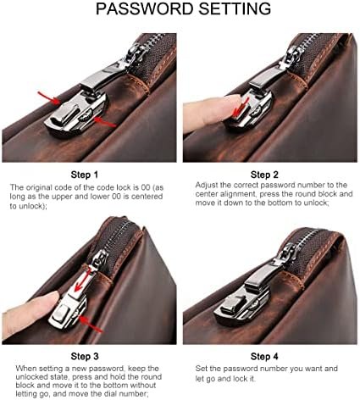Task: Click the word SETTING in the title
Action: pos(235,8)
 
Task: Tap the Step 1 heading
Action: pos(85,175)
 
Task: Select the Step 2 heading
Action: pos(264,175)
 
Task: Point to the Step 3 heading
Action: pos(85,356)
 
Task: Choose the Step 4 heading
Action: pos(264,356)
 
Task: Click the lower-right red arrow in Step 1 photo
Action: pos(104,122)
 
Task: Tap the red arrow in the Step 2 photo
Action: pos(240,108)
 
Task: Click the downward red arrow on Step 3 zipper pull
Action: pos(82,281)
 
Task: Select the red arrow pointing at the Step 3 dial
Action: pos(90,324)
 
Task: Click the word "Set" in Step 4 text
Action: pos(202,369)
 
